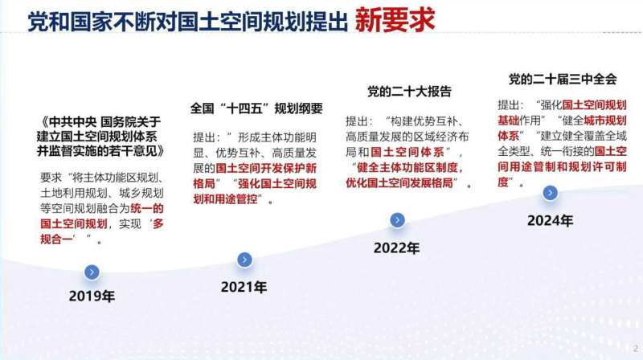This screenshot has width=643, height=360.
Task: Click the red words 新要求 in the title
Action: point(395,20)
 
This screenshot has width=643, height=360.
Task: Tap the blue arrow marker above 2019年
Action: point(92,272)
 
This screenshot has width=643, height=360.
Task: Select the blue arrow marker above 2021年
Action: point(244,260)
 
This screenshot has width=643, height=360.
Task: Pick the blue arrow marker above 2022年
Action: point(397,220)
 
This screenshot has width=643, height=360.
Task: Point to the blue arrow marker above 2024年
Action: point(550,193)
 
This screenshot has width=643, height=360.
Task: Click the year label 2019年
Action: point(92,297)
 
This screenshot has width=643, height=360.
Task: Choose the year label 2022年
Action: point(396,248)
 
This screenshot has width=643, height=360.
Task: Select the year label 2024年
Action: point(550,221)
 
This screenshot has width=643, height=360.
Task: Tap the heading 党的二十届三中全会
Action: point(563,79)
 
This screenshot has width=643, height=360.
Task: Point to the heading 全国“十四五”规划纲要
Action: point(256,108)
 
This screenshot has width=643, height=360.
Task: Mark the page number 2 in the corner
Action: point(635,348)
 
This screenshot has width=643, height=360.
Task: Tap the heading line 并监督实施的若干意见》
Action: point(100,150)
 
